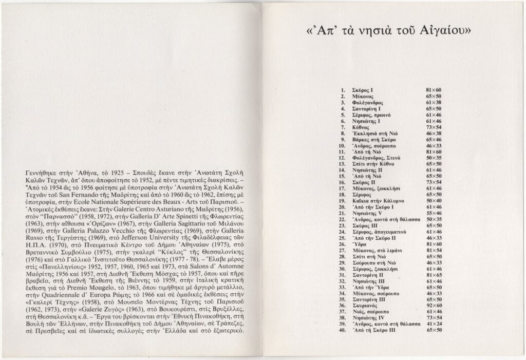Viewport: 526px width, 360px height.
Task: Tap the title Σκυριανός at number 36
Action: [x=368, y=304]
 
